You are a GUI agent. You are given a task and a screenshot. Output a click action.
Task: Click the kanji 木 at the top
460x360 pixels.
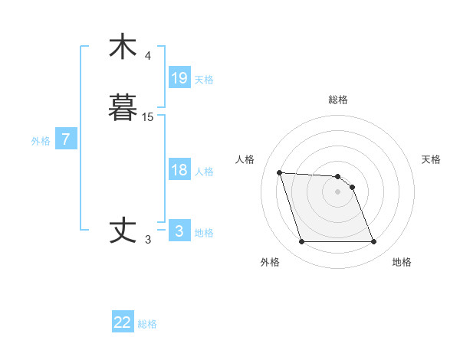(123, 46)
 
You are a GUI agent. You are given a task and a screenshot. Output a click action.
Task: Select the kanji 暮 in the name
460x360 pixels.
(123, 107)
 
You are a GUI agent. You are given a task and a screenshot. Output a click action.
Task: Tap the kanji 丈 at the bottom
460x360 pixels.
(123, 231)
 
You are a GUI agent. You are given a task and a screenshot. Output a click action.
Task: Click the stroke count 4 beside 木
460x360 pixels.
(148, 56)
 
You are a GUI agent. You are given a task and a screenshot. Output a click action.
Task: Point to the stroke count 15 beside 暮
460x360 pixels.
(148, 117)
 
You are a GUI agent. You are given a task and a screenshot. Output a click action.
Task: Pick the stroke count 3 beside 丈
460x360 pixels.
(148, 241)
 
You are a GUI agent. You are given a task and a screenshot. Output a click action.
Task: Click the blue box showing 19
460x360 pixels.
(179, 77)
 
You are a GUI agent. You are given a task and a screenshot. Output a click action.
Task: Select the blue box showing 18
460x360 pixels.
(179, 170)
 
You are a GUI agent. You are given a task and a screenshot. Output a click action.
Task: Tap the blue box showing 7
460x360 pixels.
(67, 139)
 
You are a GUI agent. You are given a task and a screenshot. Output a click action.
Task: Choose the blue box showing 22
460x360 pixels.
(123, 322)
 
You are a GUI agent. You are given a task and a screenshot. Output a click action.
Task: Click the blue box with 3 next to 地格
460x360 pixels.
(179, 231)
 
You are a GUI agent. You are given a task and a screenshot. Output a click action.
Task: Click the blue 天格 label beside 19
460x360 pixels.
(204, 79)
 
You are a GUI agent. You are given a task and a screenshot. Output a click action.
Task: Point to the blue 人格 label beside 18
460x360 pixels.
(204, 172)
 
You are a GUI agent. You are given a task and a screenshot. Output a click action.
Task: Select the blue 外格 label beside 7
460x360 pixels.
(41, 141)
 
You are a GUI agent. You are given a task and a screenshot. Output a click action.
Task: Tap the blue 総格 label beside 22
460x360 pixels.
(147, 324)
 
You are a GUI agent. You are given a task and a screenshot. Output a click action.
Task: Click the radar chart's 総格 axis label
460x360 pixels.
(338, 100)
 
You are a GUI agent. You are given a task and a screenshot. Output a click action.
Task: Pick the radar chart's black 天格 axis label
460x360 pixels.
(431, 159)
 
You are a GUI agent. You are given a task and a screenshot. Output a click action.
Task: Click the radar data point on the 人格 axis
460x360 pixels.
(279, 172)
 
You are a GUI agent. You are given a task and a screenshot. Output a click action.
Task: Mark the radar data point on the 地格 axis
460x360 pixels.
(374, 242)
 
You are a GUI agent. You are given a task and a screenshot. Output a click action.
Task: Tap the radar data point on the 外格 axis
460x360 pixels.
(301, 242)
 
